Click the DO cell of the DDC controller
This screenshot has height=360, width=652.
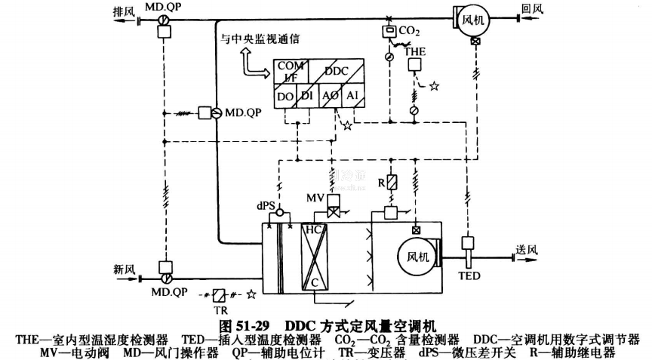[x=285, y=97]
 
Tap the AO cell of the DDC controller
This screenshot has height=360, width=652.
[x=330, y=97]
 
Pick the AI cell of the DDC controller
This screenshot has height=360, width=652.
[x=352, y=97]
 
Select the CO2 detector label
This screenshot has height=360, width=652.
[x=409, y=31]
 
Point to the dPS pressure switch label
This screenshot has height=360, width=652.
[x=266, y=204]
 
